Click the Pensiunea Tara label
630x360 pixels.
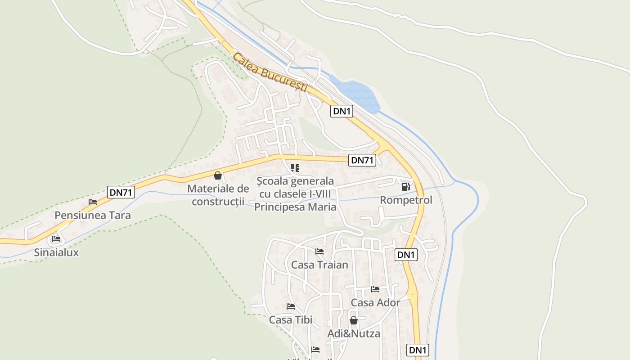point(93,215)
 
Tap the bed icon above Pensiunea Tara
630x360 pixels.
point(93,202)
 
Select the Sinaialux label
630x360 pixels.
point(56,252)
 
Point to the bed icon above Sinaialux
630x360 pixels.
point(56,239)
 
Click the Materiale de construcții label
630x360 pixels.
point(218,195)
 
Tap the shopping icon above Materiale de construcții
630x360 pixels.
point(218,175)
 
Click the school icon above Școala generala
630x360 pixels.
point(295,168)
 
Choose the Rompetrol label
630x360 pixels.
point(406,200)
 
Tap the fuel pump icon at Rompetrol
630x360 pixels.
point(405,186)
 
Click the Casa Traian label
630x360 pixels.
point(319,265)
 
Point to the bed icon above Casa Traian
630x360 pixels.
point(319,251)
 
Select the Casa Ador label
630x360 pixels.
point(375,302)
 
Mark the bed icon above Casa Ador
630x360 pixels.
point(375,289)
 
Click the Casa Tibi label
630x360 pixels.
point(291,320)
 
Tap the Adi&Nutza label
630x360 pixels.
point(354,333)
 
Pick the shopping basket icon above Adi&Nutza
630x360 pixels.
point(354,320)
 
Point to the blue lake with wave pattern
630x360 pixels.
point(355,94)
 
